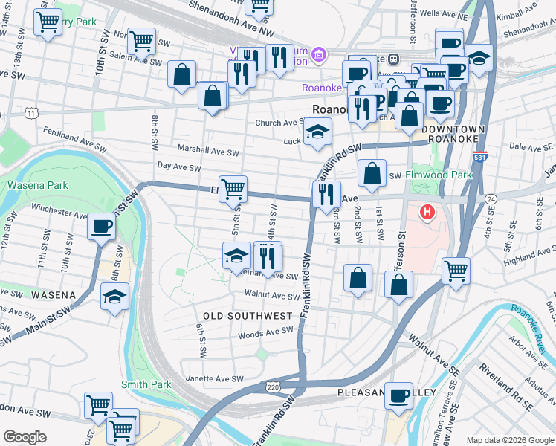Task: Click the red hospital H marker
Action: (x=427, y=213)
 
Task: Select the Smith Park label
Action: (x=146, y=384)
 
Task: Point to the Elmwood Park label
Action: (x=439, y=175)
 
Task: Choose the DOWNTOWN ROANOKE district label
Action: (x=453, y=135)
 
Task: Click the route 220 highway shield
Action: (x=274, y=387)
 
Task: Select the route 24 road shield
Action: (x=491, y=198)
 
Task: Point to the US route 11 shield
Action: (x=30, y=112)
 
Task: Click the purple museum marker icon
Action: (x=320, y=54)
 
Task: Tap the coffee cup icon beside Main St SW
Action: (x=101, y=226)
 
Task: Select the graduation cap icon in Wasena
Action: (x=115, y=297)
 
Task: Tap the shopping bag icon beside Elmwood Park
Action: (x=372, y=174)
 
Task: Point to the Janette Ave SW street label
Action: (x=213, y=378)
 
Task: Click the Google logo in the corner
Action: (x=25, y=437)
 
